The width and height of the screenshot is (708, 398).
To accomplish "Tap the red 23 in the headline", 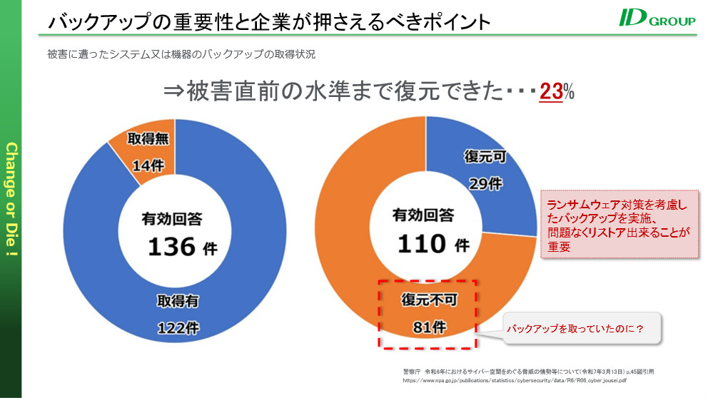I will [x=550, y=92].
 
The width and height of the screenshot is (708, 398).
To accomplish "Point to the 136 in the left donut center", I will [x=171, y=247].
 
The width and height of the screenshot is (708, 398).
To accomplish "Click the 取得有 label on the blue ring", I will [x=178, y=302].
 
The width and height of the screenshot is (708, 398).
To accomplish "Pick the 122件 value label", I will [x=178, y=328].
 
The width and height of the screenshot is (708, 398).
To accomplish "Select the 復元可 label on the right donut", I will [x=485, y=156].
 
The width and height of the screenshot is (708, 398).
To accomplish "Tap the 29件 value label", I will [x=485, y=183].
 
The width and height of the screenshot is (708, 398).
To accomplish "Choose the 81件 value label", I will [x=428, y=328].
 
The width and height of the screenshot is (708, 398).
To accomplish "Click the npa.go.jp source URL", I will [x=515, y=381].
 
